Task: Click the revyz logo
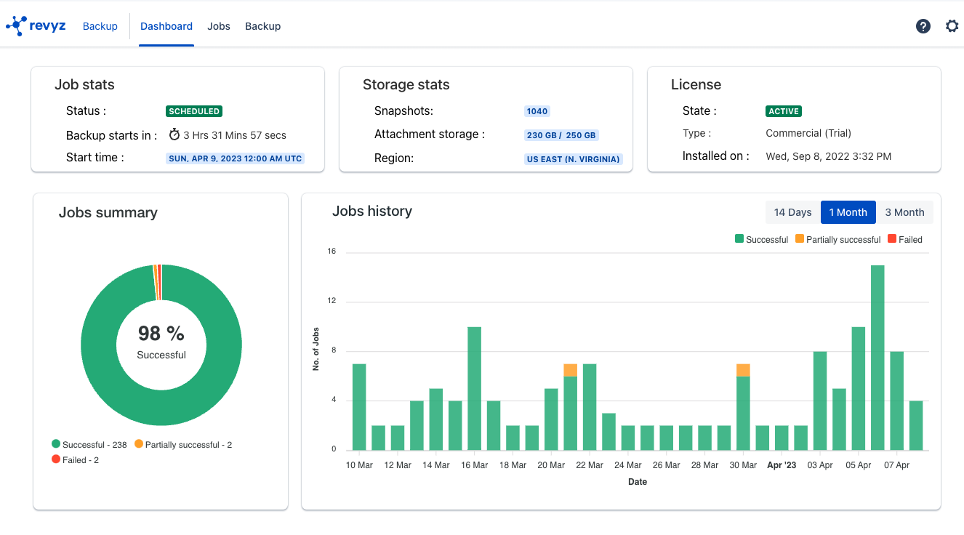(x=36, y=26)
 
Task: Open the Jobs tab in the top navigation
(x=219, y=26)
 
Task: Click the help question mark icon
(x=923, y=26)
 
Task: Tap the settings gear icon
(x=952, y=26)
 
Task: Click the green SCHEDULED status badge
(x=194, y=111)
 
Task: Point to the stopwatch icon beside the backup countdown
(x=174, y=134)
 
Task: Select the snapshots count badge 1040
(x=537, y=111)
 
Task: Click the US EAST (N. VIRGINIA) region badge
(x=574, y=158)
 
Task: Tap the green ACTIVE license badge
(x=784, y=111)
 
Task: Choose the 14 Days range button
(x=792, y=212)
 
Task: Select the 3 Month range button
(x=904, y=212)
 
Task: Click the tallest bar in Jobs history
(x=877, y=356)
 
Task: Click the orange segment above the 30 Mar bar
(x=743, y=370)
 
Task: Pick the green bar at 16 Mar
(x=474, y=389)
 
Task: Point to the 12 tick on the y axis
(x=332, y=301)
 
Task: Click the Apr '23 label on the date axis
(x=782, y=465)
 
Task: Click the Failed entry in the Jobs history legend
(x=905, y=239)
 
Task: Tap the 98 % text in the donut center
(x=161, y=333)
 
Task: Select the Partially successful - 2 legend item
(x=183, y=444)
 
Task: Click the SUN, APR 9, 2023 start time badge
(x=235, y=158)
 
